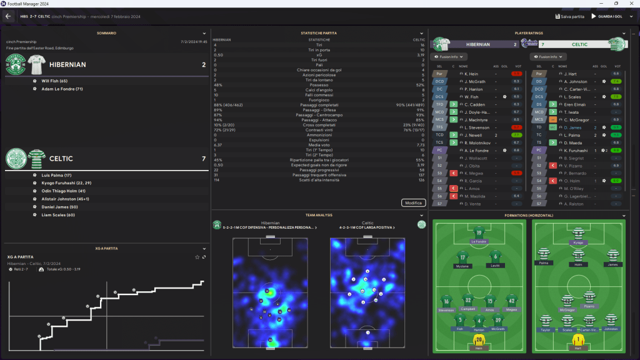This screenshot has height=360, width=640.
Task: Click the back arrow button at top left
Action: coord(9,16)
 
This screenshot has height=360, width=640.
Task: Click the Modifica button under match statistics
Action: coord(414,202)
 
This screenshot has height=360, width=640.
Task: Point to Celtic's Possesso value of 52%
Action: coord(419,85)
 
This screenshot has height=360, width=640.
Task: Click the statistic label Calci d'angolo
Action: coord(319,90)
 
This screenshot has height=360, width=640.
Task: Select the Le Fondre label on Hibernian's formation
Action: coord(479,241)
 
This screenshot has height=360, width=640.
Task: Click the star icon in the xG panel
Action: coord(197,257)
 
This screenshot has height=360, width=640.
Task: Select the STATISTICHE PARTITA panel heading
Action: coord(319,33)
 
